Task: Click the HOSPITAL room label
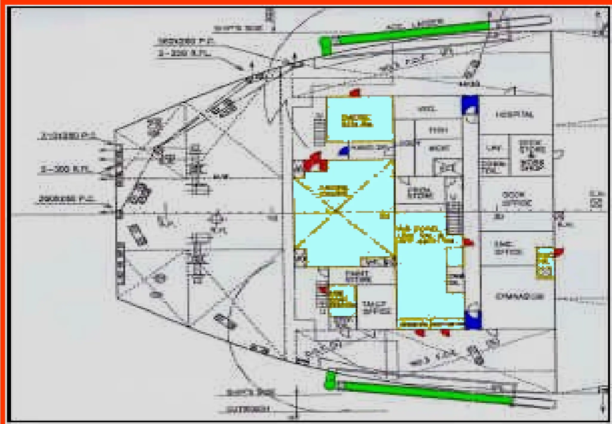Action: point(514,115)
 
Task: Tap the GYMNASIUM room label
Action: point(520,296)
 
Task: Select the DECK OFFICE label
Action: point(517,199)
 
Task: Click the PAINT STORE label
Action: point(358,276)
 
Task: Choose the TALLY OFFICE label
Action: point(376,308)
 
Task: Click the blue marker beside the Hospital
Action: point(469,105)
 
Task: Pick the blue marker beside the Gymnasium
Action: point(473,320)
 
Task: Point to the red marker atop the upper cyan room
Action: point(355,93)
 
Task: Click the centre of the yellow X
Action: point(336,211)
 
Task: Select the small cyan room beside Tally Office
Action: point(342,301)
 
